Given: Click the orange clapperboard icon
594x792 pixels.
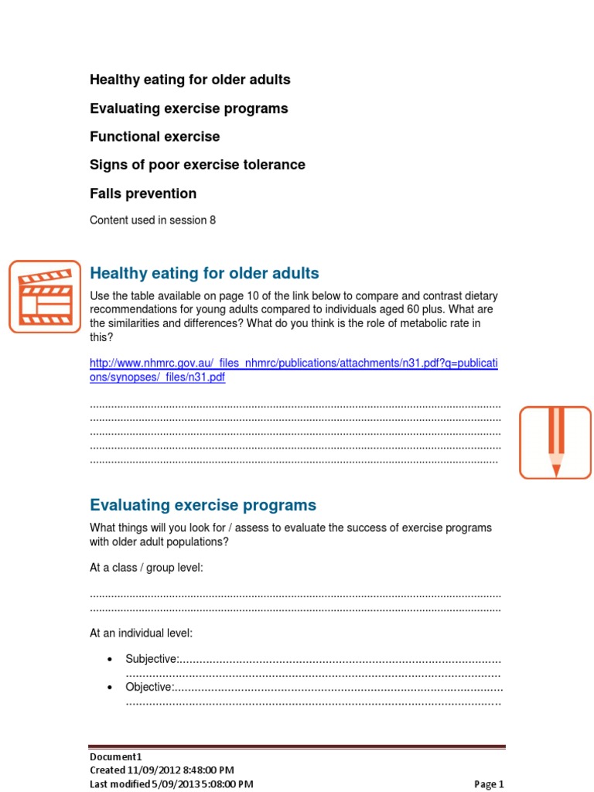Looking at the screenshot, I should (45, 296).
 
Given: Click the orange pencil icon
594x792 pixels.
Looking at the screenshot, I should (555, 442).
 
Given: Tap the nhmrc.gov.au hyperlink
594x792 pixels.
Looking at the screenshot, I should (294, 370).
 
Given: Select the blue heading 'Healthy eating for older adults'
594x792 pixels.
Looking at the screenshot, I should (204, 273).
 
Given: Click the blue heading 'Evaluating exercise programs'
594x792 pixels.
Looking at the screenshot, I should (203, 505).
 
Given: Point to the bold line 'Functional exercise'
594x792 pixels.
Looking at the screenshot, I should (155, 137).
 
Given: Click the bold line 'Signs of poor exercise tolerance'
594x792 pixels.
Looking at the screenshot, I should (197, 165).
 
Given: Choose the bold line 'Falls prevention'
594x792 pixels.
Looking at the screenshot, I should (143, 193).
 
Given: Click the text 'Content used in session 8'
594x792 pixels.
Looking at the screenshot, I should (152, 220).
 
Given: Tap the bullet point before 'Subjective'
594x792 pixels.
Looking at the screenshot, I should (109, 659).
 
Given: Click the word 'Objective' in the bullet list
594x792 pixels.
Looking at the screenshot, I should (148, 687).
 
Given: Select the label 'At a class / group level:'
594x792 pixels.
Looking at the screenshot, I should (146, 568).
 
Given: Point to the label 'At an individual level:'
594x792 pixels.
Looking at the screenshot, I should (141, 633).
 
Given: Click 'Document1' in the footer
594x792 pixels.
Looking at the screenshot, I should (116, 757).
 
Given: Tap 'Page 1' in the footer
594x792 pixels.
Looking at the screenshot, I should (489, 784).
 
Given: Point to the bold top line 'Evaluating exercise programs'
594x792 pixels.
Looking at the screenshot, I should (189, 108).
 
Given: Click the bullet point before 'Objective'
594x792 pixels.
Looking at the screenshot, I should (109, 687).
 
